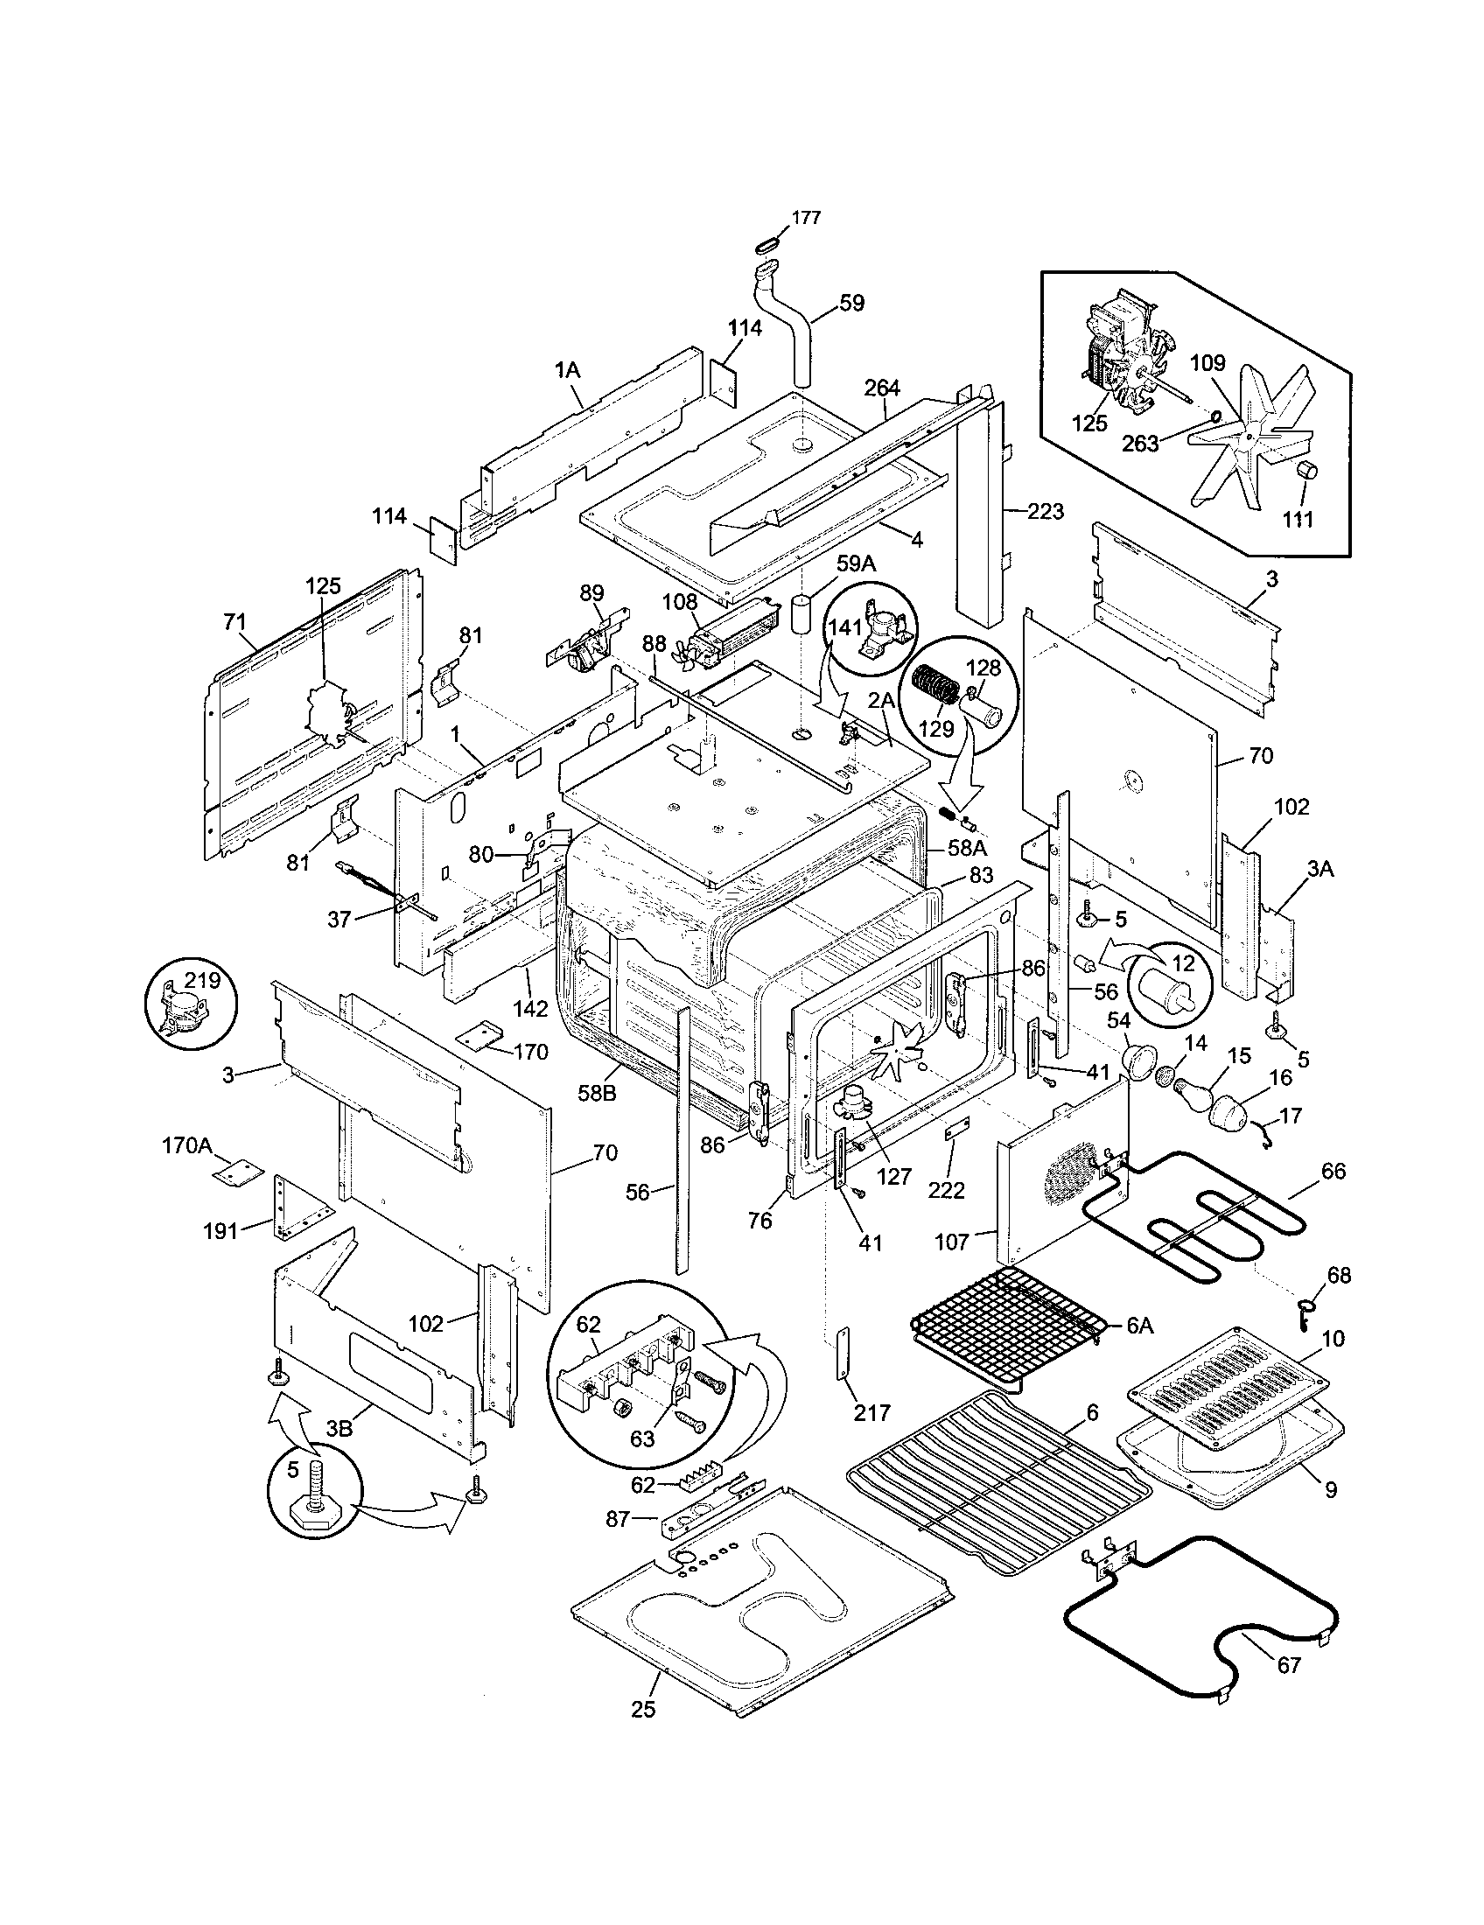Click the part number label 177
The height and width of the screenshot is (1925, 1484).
pyautogui.click(x=807, y=218)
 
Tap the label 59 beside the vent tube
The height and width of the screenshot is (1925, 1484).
pyautogui.click(x=851, y=304)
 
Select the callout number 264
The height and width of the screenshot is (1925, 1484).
pyautogui.click(x=882, y=388)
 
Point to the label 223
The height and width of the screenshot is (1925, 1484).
pyautogui.click(x=1045, y=511)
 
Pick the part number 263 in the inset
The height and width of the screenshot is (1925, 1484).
pyautogui.click(x=1139, y=444)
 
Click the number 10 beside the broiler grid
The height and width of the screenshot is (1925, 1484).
pyautogui.click(x=1333, y=1339)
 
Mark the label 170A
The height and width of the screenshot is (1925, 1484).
pyautogui.click(x=188, y=1146)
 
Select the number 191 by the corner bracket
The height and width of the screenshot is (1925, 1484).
pyautogui.click(x=220, y=1230)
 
